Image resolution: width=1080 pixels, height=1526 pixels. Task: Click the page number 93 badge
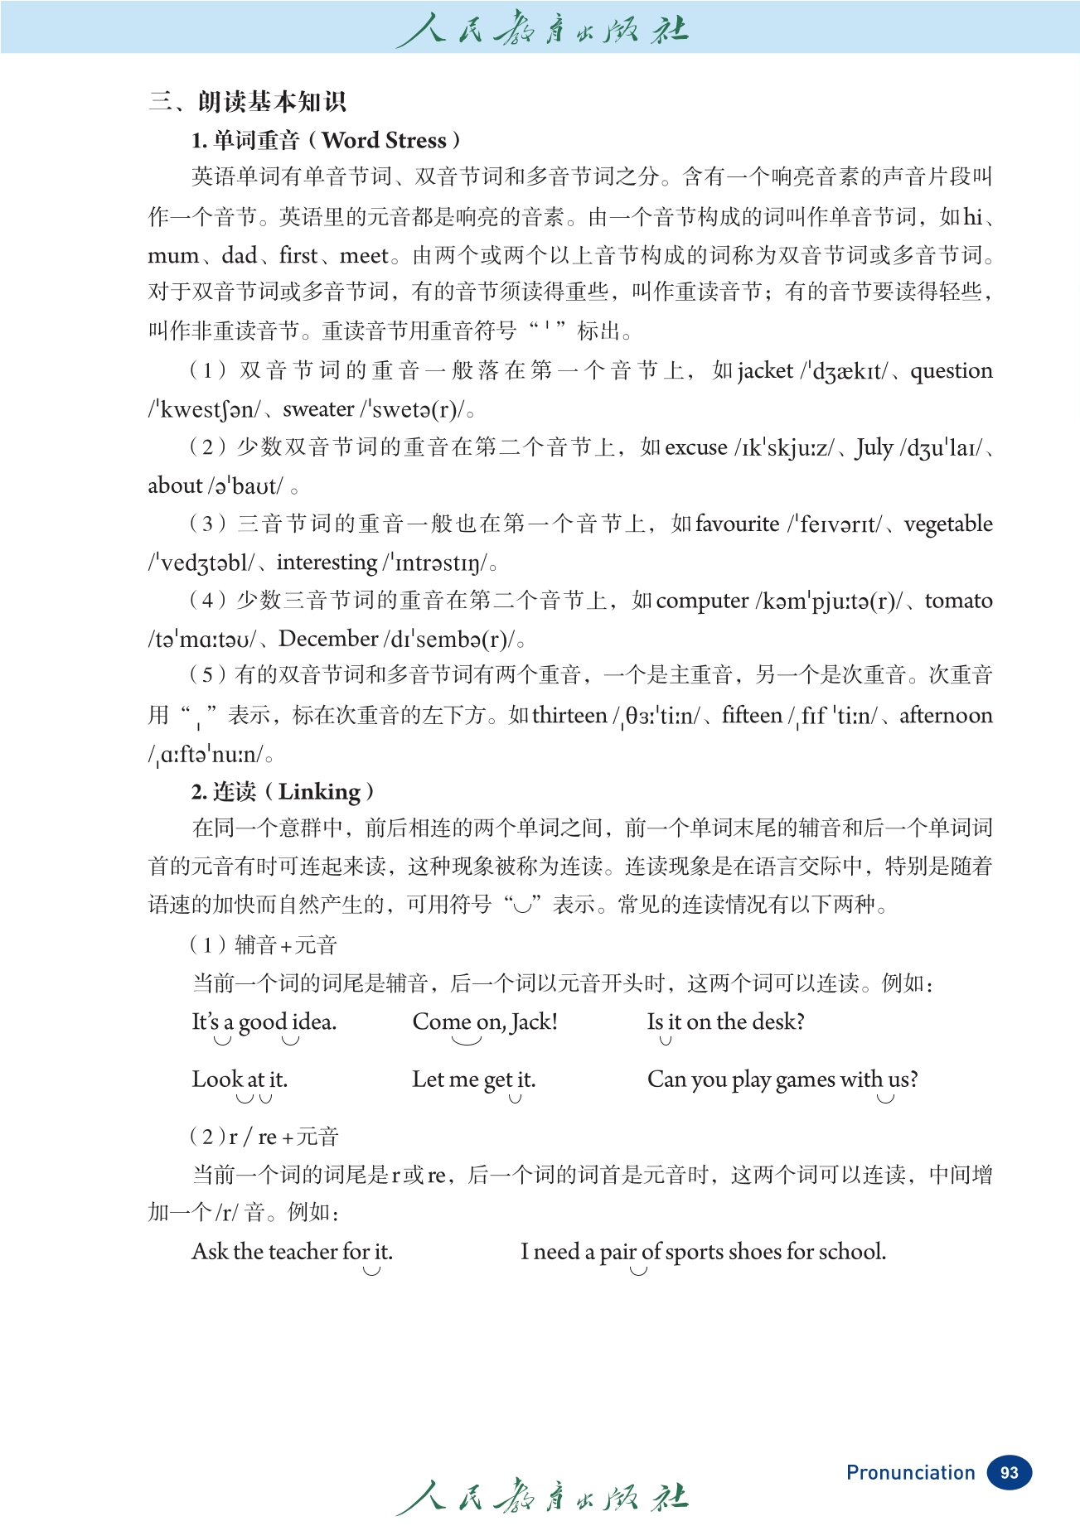pos(1009,1472)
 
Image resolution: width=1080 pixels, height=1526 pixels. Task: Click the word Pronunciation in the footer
pos(910,1472)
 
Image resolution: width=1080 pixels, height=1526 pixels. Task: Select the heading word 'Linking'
pos(319,792)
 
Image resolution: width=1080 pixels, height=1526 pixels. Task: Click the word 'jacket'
pos(764,370)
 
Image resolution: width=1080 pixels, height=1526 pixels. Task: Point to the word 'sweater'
pos(318,409)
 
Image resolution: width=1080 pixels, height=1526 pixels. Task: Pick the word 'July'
pos(874,448)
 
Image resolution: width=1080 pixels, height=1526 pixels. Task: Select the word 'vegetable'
pos(948,524)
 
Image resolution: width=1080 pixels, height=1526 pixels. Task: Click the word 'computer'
pos(702,601)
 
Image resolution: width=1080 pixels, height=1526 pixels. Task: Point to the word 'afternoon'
pos(946,715)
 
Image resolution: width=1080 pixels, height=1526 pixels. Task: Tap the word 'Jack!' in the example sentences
pos(534,1022)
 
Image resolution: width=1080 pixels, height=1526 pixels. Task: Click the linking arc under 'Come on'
pos(467,1041)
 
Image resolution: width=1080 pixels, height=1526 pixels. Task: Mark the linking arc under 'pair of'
pos(637,1271)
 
